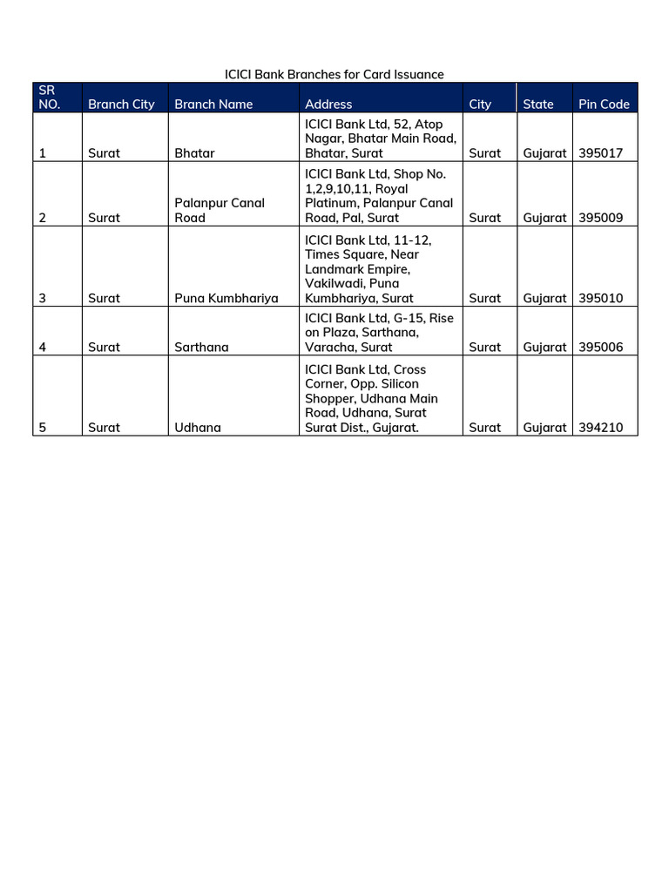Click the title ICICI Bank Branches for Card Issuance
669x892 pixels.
tap(334, 74)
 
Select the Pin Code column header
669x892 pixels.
tap(604, 104)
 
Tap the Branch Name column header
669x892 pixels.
tap(213, 104)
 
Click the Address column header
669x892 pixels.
tap(328, 104)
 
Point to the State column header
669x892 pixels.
tap(537, 104)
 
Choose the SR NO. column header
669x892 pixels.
tap(49, 97)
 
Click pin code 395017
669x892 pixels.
tap(601, 152)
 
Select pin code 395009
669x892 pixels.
tap(601, 218)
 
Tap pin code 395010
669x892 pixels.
tap(601, 298)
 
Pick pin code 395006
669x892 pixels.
tap(601, 347)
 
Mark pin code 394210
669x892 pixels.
tap(601, 428)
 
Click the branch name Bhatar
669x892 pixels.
tap(194, 152)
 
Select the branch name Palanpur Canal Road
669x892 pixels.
tap(220, 210)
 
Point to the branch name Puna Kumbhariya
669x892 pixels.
tap(226, 298)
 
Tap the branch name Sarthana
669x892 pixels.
tap(201, 347)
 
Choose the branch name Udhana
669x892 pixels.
tap(198, 428)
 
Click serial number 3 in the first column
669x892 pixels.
tap(43, 298)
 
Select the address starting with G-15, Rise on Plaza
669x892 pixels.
tap(379, 333)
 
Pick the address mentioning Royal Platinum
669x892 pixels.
tap(379, 196)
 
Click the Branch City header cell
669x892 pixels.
tap(121, 104)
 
